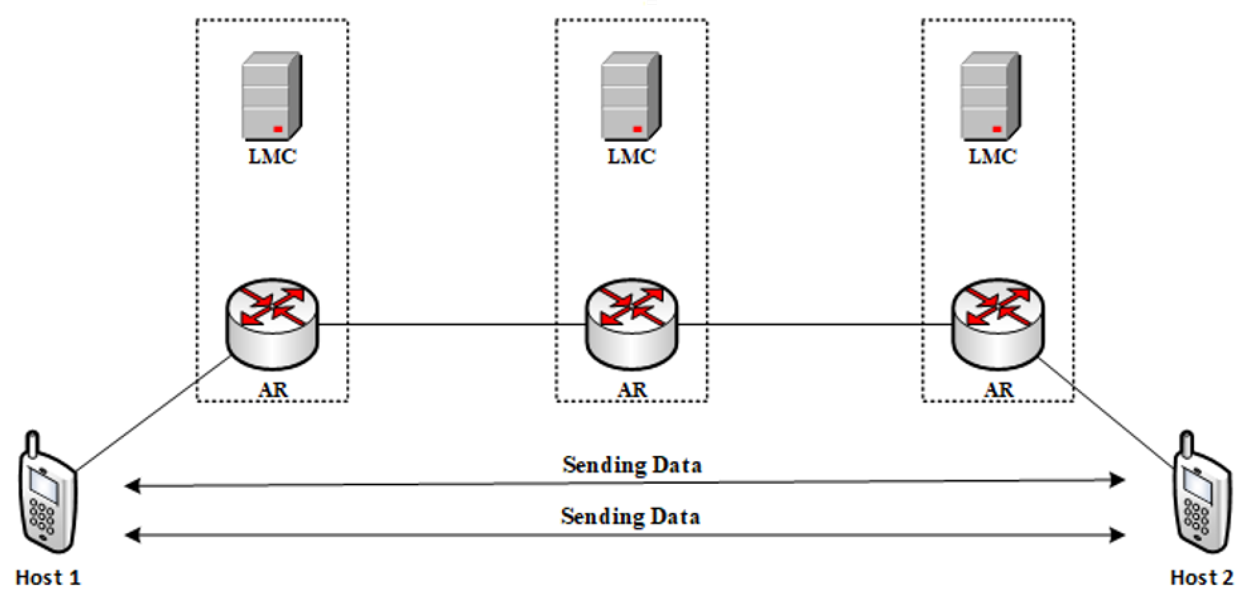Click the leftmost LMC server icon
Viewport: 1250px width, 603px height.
tap(272, 96)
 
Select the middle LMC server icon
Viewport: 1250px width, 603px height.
tap(631, 96)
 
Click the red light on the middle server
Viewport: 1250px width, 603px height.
tap(638, 129)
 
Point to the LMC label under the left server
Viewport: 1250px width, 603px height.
tap(272, 156)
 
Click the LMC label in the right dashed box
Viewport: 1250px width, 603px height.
tap(992, 156)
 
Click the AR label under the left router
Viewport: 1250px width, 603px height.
tap(273, 390)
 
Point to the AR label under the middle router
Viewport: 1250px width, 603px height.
tap(632, 390)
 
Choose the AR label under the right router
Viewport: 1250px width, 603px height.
tap(999, 390)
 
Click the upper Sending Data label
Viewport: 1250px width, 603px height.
tap(632, 465)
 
